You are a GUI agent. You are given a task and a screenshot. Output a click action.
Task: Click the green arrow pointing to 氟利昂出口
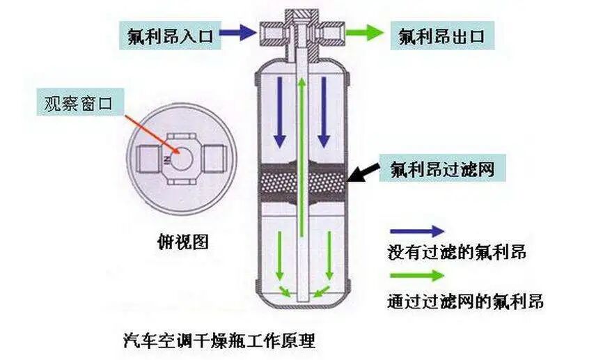point(366,32)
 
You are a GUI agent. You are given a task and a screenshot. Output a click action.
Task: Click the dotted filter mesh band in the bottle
point(301,183)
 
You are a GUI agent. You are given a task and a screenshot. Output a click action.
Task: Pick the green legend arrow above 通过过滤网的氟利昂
point(416,275)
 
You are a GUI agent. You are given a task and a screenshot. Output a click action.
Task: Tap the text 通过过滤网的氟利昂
point(466,302)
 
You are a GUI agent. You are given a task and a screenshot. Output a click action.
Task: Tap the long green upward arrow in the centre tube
point(301,153)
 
